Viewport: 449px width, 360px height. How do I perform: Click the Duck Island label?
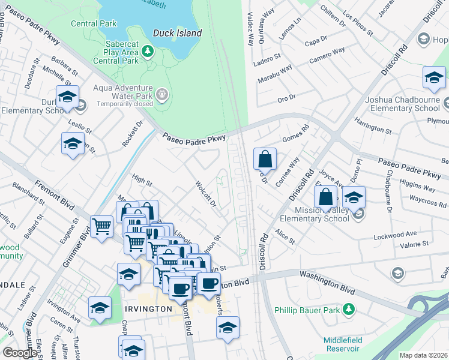coord(177,33)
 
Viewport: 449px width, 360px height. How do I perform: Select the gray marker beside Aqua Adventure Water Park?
coord(161,95)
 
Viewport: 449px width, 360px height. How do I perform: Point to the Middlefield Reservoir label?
coord(343,344)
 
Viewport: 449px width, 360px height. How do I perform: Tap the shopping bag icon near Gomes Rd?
coord(265,159)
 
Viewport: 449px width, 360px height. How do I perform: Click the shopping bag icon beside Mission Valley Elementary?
coord(325,197)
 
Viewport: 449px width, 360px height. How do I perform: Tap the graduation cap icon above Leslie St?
coord(68,97)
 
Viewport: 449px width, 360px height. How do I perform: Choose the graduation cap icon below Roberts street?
coord(228,328)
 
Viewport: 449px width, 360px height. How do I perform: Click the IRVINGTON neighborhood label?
coord(149,308)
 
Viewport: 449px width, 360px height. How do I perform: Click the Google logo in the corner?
coord(20,353)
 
